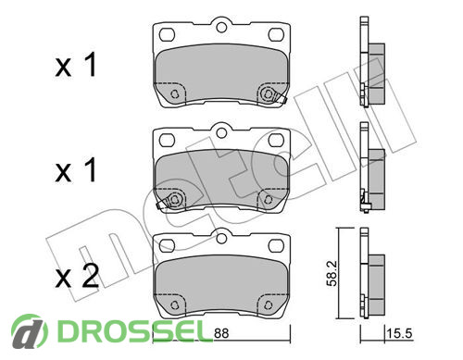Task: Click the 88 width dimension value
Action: click(x=221, y=333)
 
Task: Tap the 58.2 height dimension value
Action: click(x=332, y=274)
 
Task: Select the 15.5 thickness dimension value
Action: click(x=399, y=333)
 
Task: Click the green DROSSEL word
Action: click(x=131, y=331)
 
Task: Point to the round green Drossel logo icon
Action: click(x=30, y=331)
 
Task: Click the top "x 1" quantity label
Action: click(x=76, y=65)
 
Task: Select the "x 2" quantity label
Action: click(x=77, y=276)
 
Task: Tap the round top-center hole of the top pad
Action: click(x=221, y=27)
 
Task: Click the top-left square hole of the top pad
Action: click(x=167, y=34)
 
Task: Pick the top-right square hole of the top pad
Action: click(x=276, y=34)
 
